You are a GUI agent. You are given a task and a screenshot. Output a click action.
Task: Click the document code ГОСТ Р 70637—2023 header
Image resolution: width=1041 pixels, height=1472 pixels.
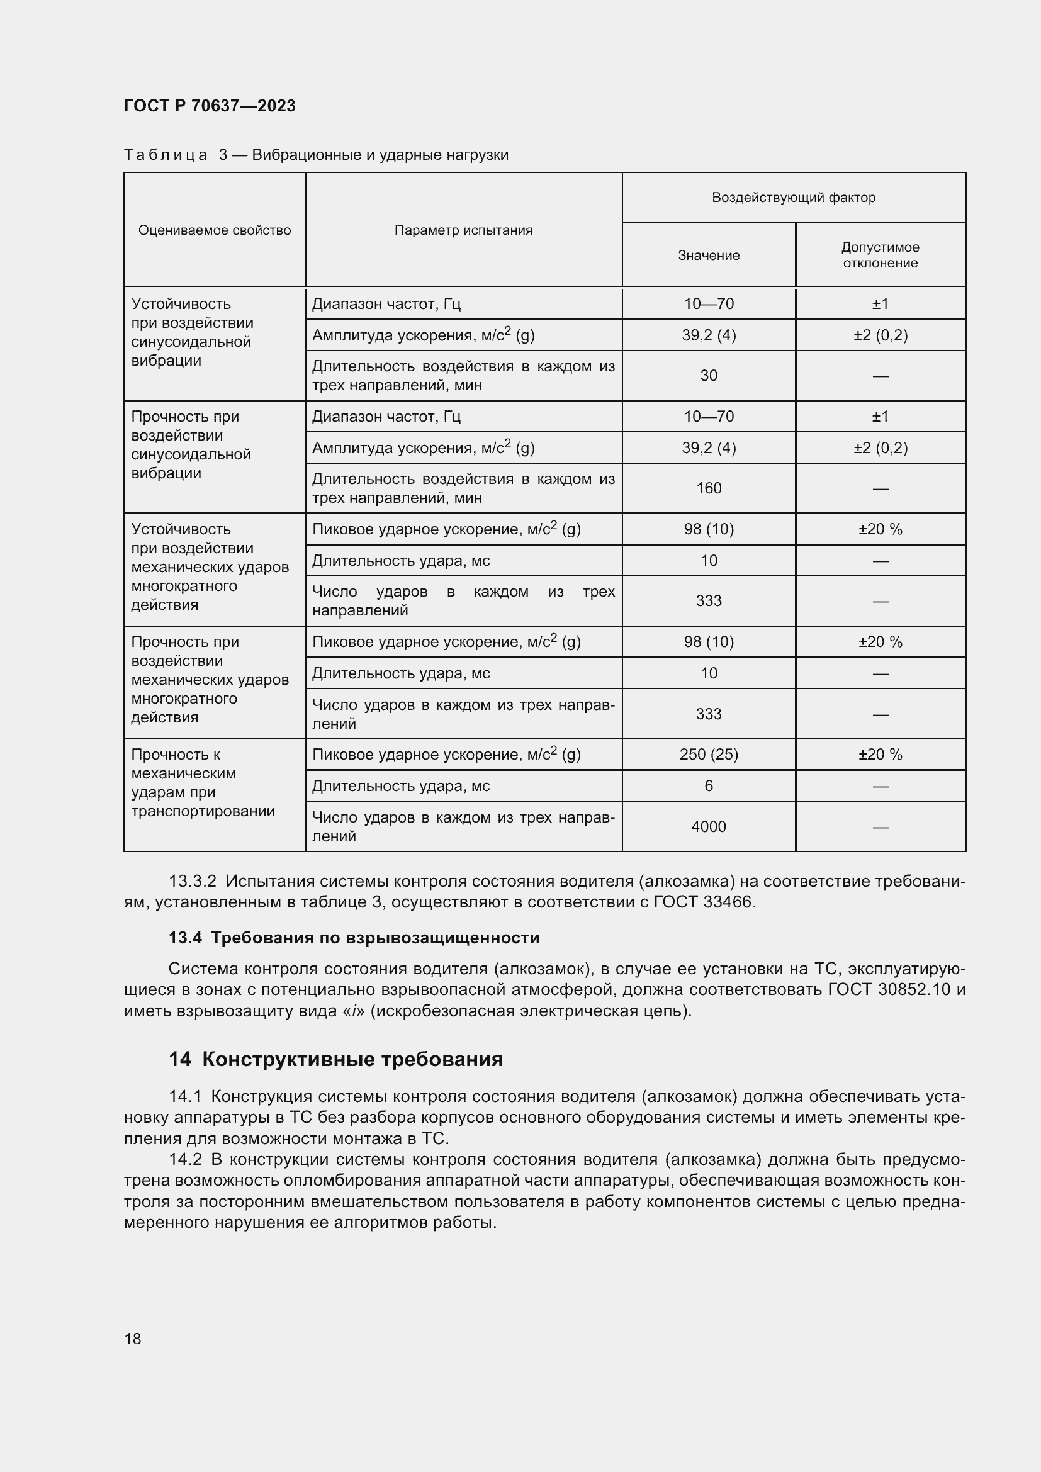210,106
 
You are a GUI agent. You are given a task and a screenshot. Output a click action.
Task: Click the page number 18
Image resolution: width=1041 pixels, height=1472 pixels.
133,1339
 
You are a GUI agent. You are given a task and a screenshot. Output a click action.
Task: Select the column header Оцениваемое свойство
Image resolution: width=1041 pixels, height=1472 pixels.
214,230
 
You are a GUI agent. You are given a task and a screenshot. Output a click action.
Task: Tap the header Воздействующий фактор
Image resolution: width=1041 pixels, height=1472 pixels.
793,198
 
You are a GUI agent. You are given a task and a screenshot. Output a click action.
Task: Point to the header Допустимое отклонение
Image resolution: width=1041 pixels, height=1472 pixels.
880,255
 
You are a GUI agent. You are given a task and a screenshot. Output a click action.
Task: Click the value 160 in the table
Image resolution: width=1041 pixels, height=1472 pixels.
708,488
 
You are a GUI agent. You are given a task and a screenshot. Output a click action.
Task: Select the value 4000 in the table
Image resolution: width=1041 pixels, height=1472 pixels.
708,827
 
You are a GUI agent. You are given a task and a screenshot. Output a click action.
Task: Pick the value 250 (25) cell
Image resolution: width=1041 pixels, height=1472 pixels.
708,755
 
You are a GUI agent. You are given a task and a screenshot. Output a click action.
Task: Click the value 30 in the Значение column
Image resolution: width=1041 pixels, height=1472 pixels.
708,376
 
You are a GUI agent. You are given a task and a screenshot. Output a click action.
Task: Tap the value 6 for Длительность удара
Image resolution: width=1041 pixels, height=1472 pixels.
708,786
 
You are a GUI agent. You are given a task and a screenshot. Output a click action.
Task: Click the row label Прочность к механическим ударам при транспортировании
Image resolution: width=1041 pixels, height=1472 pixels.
203,783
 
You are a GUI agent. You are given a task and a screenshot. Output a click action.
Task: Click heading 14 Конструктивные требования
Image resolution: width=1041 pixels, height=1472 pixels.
336,1059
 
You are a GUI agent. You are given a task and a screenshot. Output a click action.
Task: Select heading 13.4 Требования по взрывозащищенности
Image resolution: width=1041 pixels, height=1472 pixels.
354,938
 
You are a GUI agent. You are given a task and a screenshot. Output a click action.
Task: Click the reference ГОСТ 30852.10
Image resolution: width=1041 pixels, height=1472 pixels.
889,989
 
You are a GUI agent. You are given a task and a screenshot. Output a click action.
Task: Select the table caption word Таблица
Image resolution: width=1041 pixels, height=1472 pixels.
166,155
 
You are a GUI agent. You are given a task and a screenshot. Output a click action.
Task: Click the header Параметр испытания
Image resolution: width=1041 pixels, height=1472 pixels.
463,230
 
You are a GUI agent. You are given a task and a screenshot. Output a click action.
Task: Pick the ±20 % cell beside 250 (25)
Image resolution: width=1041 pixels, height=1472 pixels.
880,755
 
